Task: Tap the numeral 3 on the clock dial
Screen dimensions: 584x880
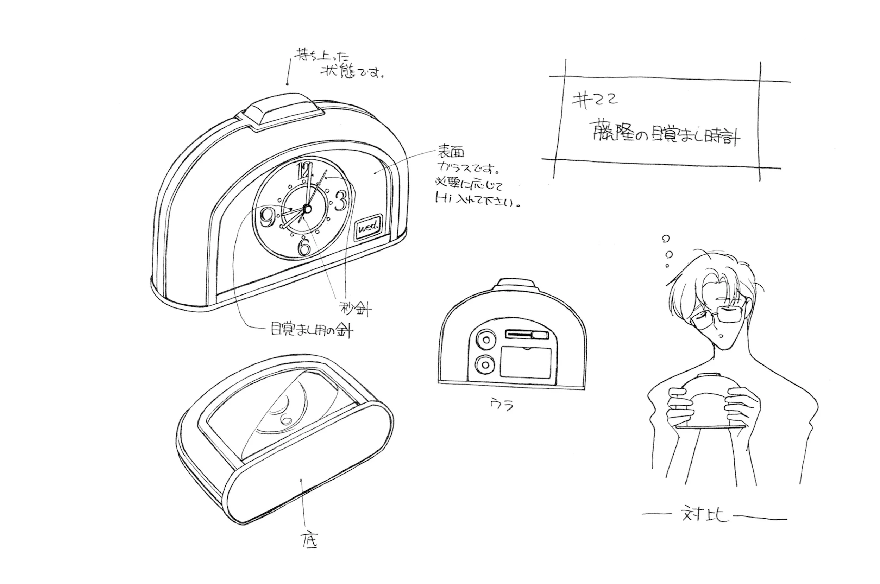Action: (x=340, y=201)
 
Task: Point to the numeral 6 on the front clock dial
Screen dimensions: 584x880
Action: (x=305, y=247)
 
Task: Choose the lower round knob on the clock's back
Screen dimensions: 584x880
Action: (x=485, y=364)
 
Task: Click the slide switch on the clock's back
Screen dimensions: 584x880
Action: (x=527, y=335)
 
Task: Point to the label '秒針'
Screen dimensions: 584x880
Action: (x=355, y=309)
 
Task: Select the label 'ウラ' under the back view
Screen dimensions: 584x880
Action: (x=502, y=404)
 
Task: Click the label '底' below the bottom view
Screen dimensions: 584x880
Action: (x=309, y=541)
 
